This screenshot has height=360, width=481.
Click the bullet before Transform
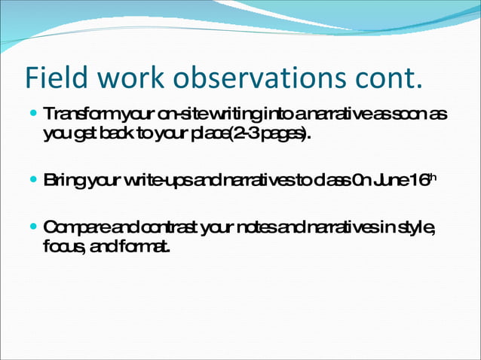tap(33, 116)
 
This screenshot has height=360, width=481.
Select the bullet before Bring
tap(33, 181)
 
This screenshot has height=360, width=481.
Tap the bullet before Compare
tap(33, 227)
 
